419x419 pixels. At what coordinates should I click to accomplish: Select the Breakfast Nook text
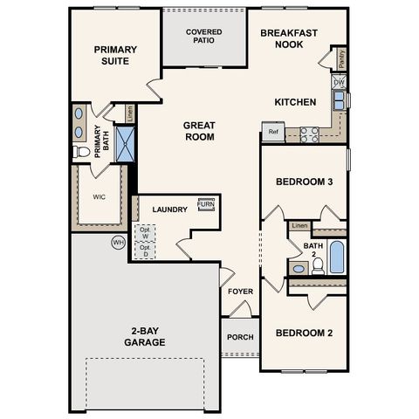288,38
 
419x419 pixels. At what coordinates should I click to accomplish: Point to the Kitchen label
295,102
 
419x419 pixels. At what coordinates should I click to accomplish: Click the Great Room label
199,131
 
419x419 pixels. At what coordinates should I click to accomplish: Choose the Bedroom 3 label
305,182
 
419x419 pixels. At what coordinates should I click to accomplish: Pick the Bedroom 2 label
305,333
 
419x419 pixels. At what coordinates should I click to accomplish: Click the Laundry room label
170,209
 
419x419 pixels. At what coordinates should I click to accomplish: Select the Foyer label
241,292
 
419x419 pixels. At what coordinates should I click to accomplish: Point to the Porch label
240,337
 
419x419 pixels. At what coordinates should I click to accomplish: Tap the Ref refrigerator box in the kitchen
272,134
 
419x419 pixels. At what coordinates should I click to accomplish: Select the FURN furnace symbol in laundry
207,205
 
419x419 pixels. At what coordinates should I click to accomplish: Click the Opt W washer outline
144,233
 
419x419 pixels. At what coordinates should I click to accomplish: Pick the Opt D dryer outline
144,251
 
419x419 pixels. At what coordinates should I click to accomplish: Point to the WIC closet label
99,196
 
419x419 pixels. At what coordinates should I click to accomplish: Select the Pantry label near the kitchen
341,58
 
